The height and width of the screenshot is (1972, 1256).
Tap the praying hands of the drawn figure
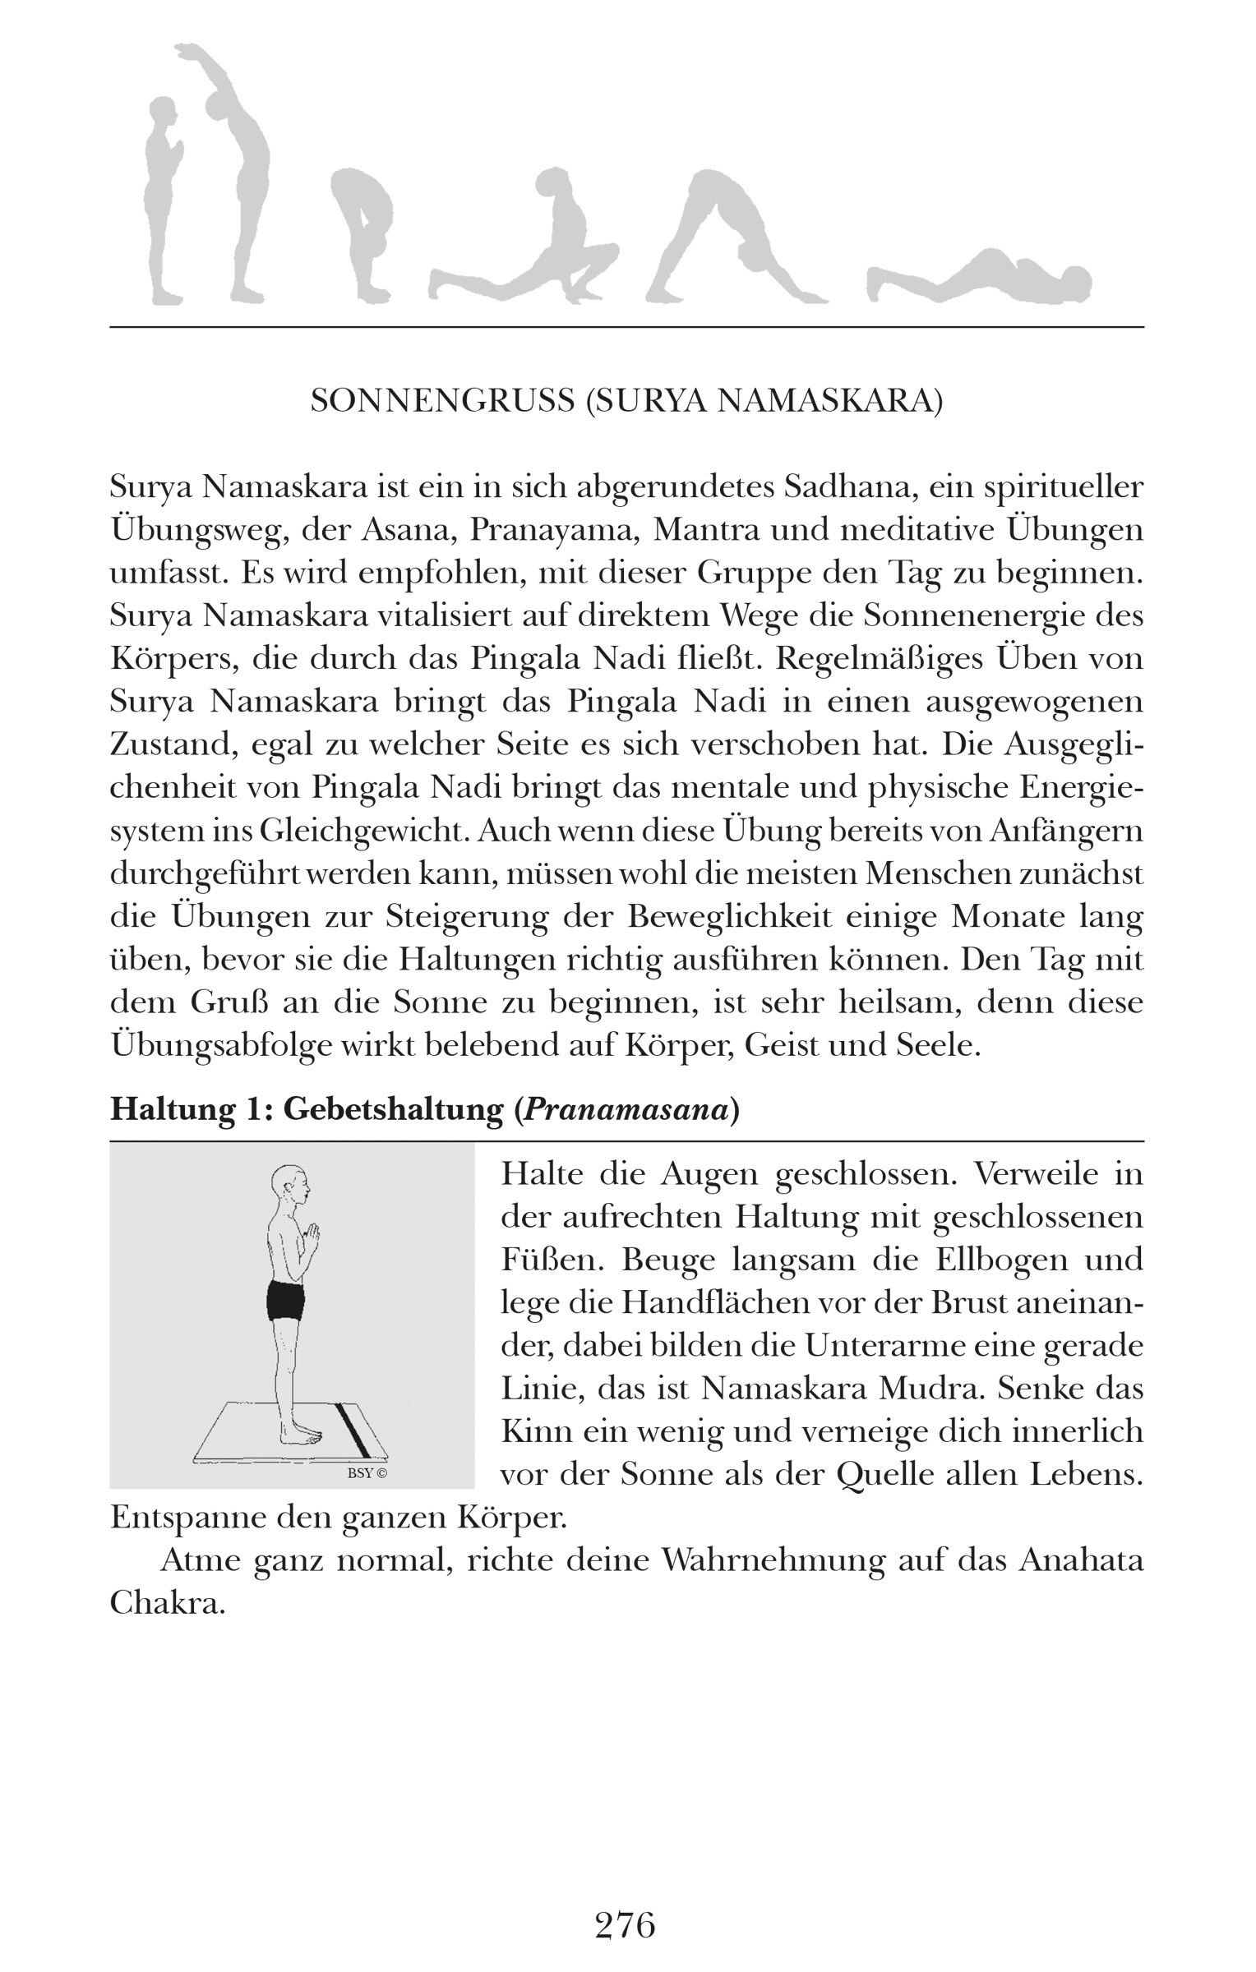click(x=312, y=1232)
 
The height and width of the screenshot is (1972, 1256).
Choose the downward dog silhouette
click(x=732, y=238)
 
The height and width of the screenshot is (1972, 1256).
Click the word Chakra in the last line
click(x=168, y=1603)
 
